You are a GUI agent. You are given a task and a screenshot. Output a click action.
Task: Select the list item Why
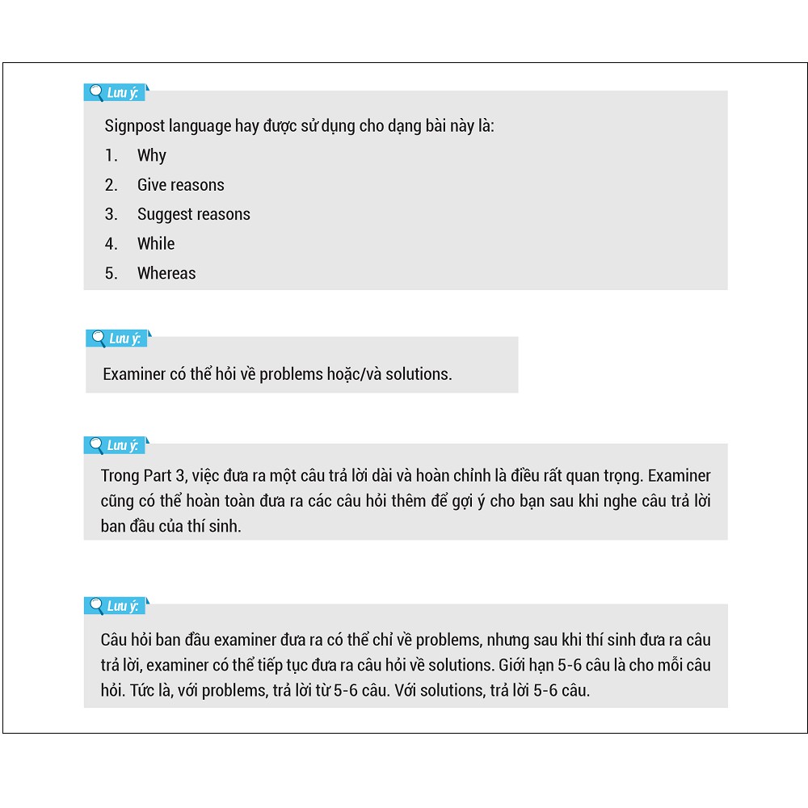[x=151, y=155]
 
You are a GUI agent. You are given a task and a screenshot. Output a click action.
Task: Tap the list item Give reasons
[x=180, y=185]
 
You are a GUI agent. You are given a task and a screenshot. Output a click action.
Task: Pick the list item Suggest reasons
[x=193, y=214]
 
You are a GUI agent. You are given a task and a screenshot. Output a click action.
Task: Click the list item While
[x=155, y=244]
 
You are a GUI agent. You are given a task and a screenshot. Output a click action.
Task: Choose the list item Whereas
[x=166, y=273]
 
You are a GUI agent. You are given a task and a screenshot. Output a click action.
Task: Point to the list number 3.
[x=111, y=214]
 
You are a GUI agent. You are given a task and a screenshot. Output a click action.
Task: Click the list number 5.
[x=111, y=273]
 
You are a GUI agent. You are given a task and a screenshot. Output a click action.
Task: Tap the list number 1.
[x=111, y=155]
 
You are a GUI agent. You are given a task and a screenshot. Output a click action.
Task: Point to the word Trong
[x=120, y=475]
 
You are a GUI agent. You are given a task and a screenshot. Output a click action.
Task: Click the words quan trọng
[x=608, y=475]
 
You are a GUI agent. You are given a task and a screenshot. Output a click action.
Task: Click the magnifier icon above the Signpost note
[x=95, y=92]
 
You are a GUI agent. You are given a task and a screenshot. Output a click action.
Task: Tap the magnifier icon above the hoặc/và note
[x=98, y=338]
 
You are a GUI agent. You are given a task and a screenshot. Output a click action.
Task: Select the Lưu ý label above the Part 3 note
[x=123, y=445]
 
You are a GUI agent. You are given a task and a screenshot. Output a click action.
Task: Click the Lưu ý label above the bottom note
[x=123, y=606]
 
